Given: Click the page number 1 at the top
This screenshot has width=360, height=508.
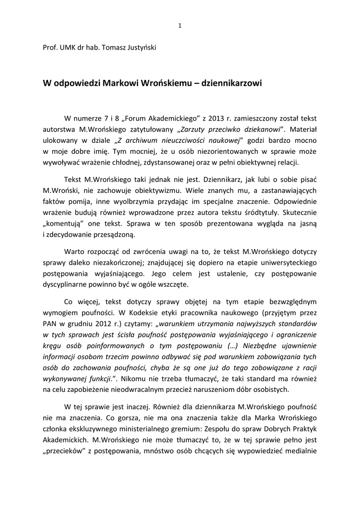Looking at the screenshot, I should click(180, 26).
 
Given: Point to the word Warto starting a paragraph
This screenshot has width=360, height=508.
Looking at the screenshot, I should click(74, 251).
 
